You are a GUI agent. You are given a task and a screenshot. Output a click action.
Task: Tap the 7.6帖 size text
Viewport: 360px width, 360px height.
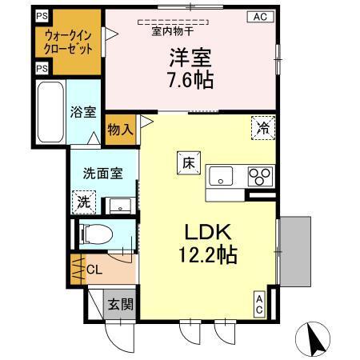(x=189, y=80)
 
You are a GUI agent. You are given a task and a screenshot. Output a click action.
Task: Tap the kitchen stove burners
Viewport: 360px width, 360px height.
(x=260, y=174)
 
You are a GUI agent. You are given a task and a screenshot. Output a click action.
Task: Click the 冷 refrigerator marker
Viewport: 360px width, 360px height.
(x=262, y=125)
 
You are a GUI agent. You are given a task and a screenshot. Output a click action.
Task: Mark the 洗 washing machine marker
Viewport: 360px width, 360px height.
(x=83, y=202)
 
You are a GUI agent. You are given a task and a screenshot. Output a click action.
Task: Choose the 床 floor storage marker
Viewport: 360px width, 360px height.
(x=186, y=162)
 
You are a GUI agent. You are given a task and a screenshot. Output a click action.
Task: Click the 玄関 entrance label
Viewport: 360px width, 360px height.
(x=121, y=305)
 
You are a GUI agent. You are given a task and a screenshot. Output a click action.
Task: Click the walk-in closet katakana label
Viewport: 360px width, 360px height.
(x=67, y=42)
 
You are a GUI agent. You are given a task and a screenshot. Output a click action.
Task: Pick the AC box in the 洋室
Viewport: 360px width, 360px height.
(x=261, y=17)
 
